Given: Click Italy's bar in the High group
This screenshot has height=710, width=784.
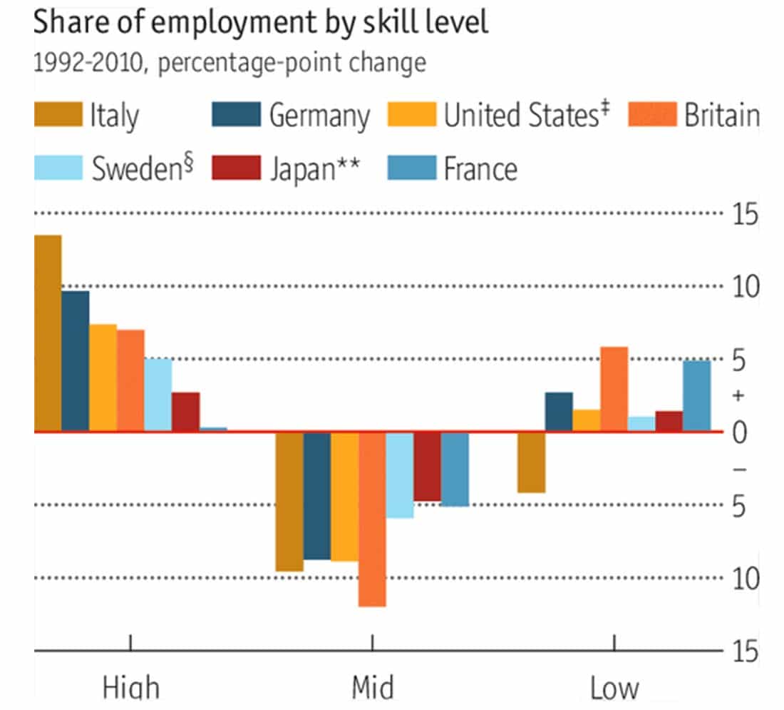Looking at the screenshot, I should (48, 333).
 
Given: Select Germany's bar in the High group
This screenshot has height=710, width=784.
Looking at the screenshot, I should (76, 360).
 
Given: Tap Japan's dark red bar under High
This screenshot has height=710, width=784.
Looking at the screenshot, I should (186, 412).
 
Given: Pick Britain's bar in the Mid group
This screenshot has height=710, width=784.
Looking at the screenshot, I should (372, 519).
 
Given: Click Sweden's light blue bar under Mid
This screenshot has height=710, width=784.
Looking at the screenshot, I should (400, 475).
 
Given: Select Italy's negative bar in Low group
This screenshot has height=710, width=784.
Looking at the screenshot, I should (532, 462).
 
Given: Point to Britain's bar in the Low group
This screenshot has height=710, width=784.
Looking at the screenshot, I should (614, 389).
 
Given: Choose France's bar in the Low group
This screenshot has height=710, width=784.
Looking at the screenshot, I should (697, 395).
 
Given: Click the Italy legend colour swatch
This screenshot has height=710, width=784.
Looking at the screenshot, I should (58, 114).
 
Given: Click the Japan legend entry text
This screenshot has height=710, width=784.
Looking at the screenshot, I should (314, 169).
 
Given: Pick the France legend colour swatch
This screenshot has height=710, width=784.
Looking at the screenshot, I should (411, 169).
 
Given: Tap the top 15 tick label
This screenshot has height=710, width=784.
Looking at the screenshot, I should (744, 214).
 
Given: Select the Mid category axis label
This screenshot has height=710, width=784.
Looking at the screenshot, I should (372, 688).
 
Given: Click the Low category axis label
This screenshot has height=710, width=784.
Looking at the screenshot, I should (614, 688).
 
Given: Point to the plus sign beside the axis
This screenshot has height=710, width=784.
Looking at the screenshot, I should (739, 395).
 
